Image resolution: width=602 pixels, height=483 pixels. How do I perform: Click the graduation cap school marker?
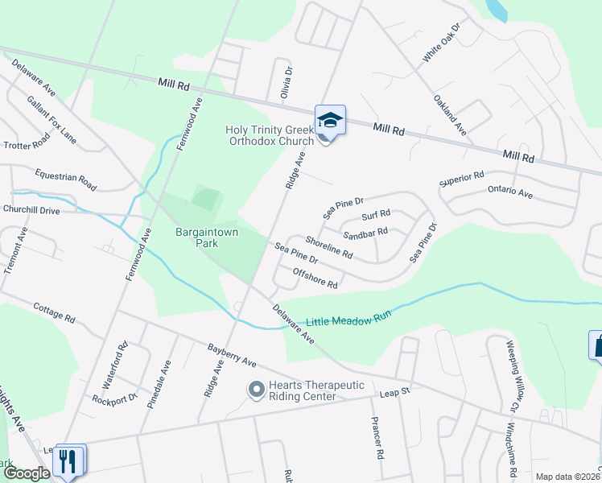[330, 121]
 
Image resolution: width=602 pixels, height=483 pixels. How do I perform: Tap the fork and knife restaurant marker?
[68, 460]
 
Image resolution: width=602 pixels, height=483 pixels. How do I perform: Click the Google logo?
[27, 473]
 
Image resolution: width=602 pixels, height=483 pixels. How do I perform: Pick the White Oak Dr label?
[441, 43]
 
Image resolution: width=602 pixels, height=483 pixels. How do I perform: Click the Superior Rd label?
[461, 178]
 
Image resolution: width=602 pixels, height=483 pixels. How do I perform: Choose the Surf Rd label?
[376, 215]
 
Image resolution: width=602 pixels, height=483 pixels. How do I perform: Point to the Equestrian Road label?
[66, 180]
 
